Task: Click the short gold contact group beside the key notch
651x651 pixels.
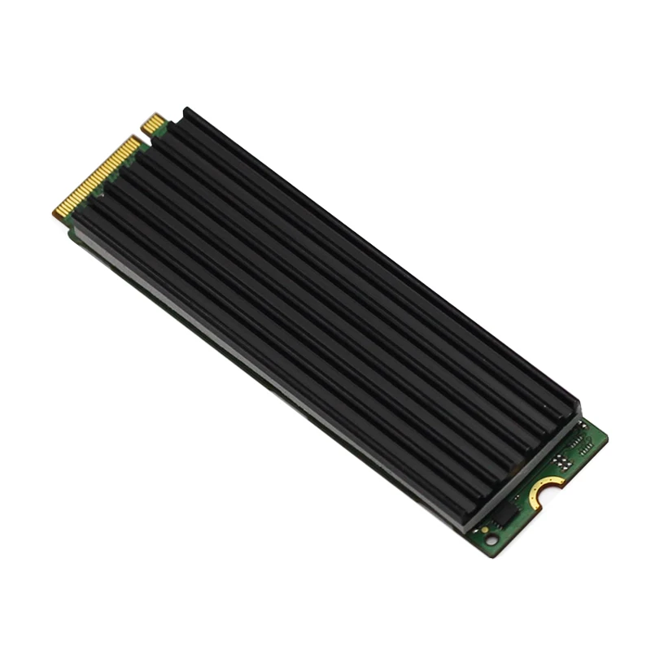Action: (x=154, y=125)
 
